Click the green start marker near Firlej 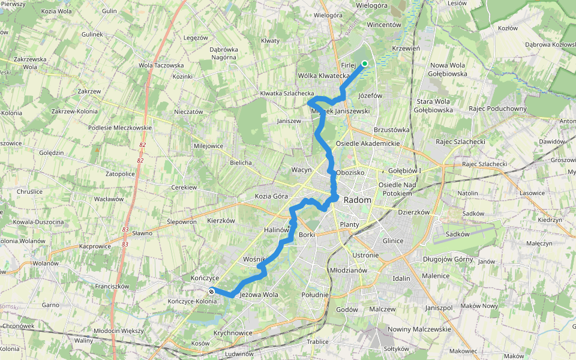tap(364, 63)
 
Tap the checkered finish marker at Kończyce tap(211, 292)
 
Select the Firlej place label tap(349, 65)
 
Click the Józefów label tap(370, 95)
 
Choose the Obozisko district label tap(350, 172)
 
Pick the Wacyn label tap(301, 170)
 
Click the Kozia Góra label tap(272, 196)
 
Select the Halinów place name tap(277, 230)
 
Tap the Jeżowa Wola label tap(259, 295)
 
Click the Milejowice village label tap(209, 146)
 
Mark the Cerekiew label tap(184, 187)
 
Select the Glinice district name tap(393, 240)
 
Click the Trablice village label tap(317, 341)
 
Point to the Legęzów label tap(196, 37)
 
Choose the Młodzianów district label tap(349, 270)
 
